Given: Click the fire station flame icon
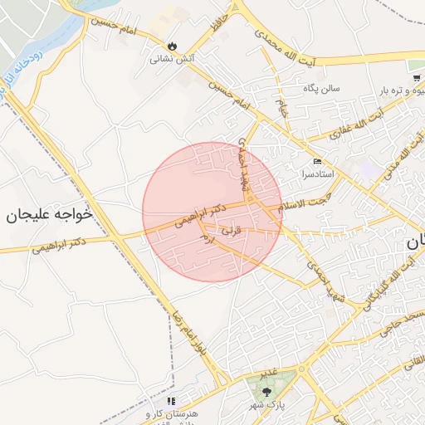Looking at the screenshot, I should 172,46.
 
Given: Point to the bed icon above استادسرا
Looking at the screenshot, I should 319,161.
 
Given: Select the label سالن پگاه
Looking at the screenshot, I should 321,89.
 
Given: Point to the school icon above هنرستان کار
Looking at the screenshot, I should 172,401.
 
